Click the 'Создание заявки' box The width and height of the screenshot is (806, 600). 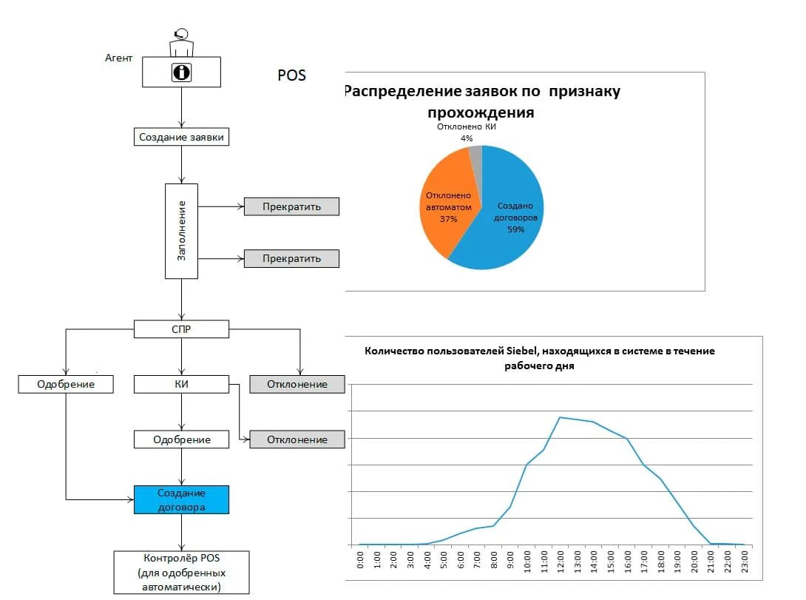[181, 137]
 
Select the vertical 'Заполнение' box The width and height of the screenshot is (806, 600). [181, 231]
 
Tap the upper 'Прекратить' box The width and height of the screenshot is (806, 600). [291, 206]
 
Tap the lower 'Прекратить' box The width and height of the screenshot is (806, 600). [291, 258]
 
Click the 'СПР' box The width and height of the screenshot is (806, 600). [181, 329]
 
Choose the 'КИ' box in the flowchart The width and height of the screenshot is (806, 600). [181, 384]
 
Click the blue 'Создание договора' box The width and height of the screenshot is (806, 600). [181, 500]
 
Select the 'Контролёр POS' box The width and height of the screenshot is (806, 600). [181, 572]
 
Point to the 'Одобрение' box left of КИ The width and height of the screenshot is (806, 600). [67, 384]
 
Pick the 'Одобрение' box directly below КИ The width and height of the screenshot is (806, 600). [181, 439]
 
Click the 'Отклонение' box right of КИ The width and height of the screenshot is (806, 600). [297, 384]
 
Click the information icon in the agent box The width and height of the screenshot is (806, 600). [181, 73]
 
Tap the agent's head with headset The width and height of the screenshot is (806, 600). [180, 34]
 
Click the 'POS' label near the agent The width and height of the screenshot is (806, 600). [291, 75]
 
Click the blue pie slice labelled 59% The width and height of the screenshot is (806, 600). [510, 222]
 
